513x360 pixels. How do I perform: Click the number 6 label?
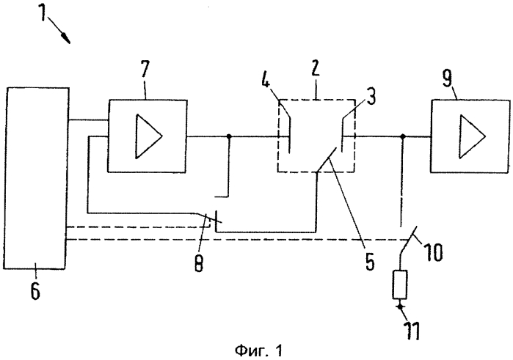coord(35,292)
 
